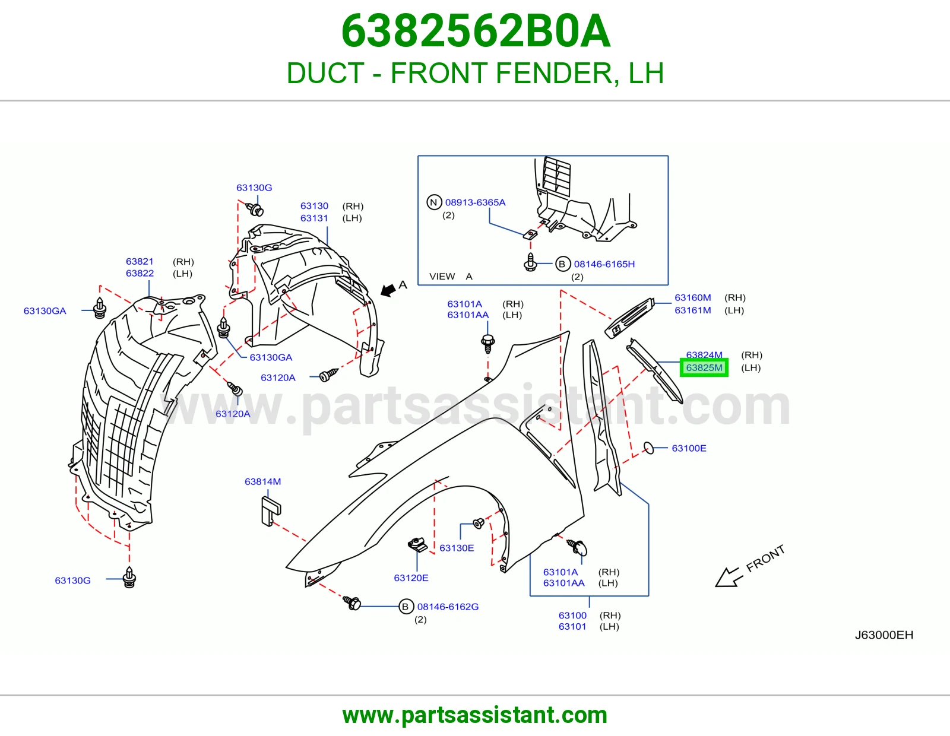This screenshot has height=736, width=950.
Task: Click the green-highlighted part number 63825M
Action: pos(704,367)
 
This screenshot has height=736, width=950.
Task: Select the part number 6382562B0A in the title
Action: pos(476,31)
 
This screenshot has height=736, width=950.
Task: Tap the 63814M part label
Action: pos(263,481)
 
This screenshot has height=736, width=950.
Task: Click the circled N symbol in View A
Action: pos(433,202)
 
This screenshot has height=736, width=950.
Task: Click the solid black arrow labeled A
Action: pos(388,290)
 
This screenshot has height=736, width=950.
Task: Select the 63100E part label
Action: pos(689,448)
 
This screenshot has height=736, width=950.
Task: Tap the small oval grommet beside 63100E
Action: pos(649,448)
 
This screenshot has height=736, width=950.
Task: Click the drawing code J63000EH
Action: pos(884,635)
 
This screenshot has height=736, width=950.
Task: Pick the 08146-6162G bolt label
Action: pos(448,607)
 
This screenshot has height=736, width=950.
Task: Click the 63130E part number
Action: pos(457,548)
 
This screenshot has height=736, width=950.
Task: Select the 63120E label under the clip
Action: pos(411,578)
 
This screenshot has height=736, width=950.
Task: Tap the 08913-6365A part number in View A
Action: pos(475,202)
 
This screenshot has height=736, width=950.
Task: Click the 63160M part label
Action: pos(692,297)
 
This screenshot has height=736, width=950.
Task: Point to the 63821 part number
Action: pos(140,261)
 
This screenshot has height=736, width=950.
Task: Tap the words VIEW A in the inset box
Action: pos(451,276)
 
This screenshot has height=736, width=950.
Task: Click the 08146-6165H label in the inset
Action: pos(604,264)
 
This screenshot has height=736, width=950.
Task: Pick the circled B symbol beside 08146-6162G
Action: pos(406,607)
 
